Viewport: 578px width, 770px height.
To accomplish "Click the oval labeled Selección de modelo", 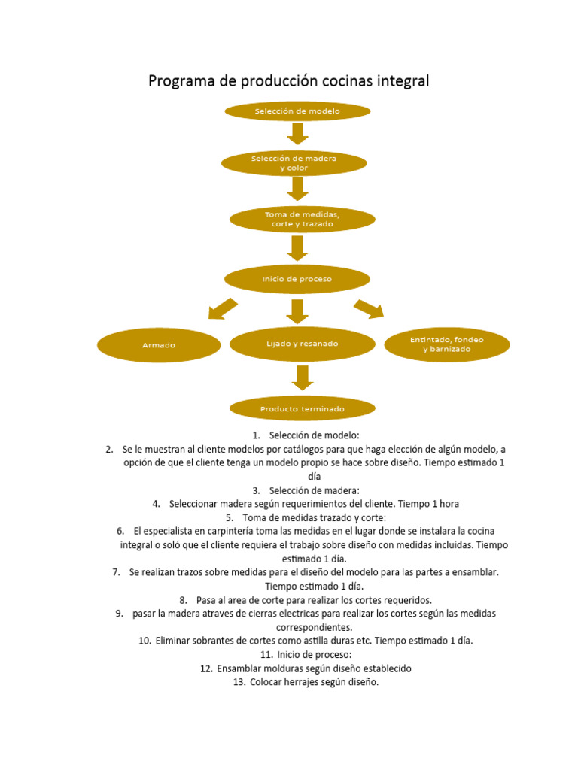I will [297, 111].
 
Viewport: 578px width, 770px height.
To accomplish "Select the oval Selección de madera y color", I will [294, 163].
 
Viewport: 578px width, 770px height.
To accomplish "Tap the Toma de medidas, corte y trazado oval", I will [302, 219].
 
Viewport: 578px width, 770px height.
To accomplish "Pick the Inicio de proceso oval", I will [297, 279].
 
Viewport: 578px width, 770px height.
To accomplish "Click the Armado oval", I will [159, 345].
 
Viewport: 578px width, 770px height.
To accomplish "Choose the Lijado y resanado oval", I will [302, 344].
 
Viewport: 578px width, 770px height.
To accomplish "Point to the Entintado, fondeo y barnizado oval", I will [447, 345].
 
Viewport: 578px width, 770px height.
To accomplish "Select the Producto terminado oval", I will [302, 409].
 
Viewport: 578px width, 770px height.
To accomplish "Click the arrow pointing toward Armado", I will [222, 308].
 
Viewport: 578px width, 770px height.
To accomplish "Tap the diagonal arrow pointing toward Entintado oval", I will [369, 308].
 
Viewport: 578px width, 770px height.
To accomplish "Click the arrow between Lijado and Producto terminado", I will [302, 377].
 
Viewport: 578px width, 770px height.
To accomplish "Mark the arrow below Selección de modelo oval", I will [298, 133].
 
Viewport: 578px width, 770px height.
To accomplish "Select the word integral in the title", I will [401, 81].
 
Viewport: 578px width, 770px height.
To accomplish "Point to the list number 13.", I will [240, 682].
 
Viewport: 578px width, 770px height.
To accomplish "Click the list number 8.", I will [184, 600].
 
